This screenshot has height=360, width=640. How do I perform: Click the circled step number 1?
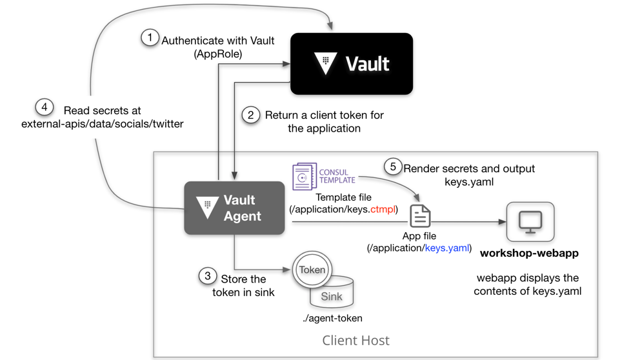tap(150, 38)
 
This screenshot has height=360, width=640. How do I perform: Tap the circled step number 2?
tap(250, 115)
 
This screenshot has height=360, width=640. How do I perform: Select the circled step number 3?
tap(207, 276)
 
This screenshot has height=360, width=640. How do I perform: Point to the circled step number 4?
tap(44, 107)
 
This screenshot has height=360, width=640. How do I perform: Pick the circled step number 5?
tap(393, 166)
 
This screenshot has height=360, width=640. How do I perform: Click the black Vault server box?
tap(352, 64)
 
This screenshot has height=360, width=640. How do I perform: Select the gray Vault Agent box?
tap(234, 208)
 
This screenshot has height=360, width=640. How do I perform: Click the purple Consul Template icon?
tap(305, 176)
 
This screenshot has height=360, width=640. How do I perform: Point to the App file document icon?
tap(420, 216)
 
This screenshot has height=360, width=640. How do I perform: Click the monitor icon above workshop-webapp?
tap(530, 222)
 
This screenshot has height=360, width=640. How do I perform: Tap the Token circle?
tap(312, 270)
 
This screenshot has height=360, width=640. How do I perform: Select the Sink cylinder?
tap(332, 293)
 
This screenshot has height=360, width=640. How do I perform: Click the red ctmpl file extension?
tap(383, 210)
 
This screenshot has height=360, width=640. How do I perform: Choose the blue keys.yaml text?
tap(447, 248)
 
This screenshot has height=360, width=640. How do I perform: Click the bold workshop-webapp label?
tap(529, 253)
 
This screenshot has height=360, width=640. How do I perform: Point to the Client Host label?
tap(355, 340)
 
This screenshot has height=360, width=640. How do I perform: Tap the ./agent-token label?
tap(332, 318)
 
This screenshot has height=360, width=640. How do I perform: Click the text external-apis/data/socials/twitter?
tap(103, 124)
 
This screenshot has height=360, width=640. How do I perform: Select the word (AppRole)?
tap(218, 54)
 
